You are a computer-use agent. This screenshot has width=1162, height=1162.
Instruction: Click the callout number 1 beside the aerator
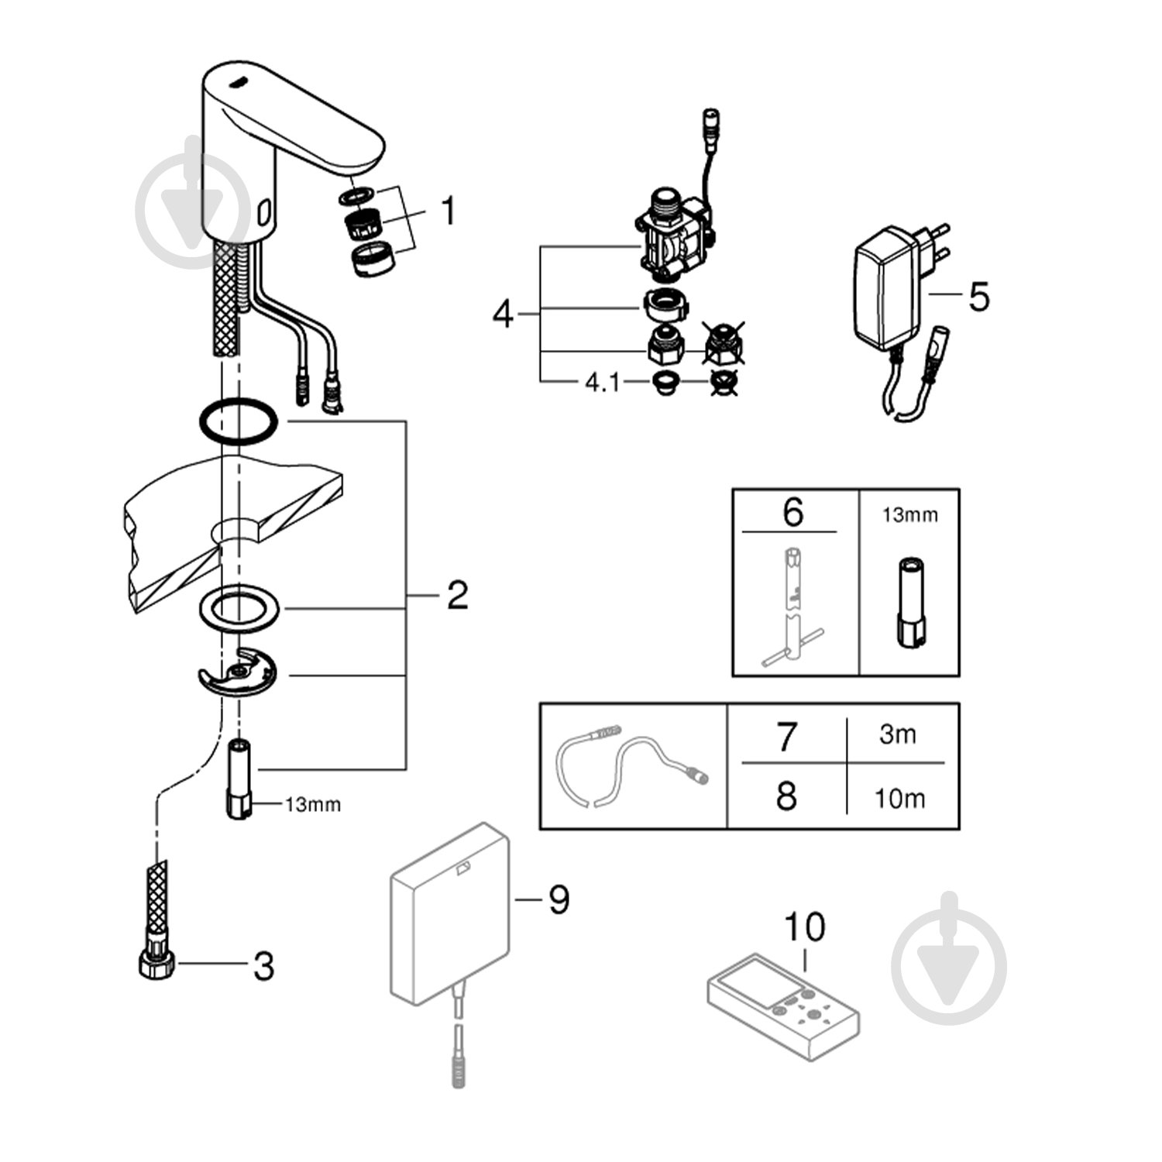tap(448, 211)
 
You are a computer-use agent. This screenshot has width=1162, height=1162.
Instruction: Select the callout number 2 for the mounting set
tap(457, 595)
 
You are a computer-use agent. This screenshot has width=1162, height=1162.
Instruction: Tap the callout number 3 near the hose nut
tap(263, 966)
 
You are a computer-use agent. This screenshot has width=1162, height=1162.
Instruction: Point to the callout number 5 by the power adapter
tap(979, 297)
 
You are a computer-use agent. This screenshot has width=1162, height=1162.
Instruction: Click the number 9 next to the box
tap(559, 899)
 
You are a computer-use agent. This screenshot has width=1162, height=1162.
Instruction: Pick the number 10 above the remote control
tap(805, 926)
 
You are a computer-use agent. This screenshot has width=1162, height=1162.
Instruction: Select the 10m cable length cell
tap(899, 798)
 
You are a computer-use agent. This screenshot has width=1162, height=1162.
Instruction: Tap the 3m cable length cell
tap(897, 733)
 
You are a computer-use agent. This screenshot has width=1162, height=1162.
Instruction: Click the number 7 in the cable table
tap(786, 735)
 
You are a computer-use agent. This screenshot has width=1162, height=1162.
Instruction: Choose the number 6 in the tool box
tap(792, 513)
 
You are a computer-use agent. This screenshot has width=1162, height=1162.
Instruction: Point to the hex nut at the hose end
tap(154, 965)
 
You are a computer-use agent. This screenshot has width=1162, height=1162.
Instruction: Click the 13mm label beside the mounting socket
tap(312, 805)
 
